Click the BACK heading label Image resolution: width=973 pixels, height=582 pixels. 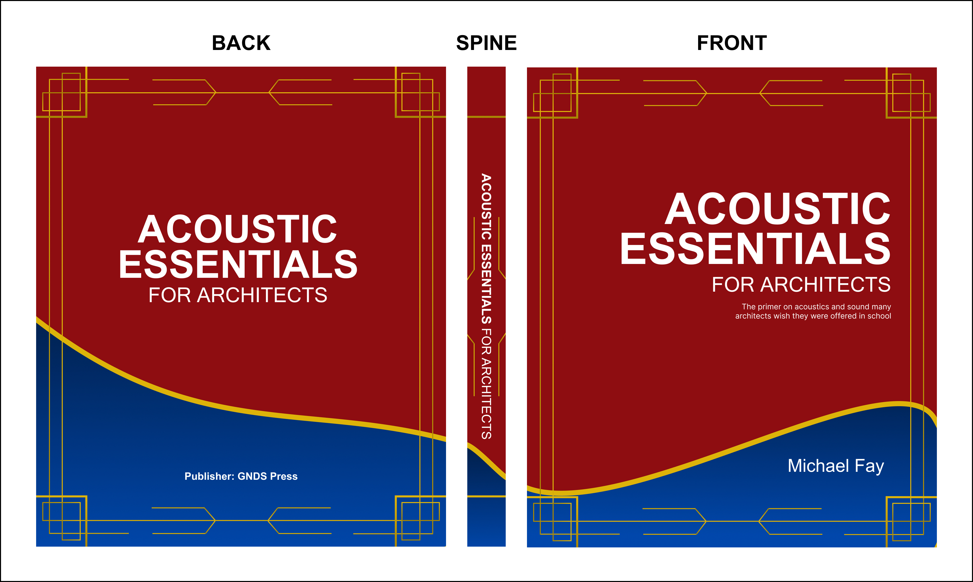(x=241, y=43)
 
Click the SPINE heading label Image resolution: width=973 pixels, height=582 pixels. (x=487, y=43)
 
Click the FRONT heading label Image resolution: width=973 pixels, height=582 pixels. (x=731, y=43)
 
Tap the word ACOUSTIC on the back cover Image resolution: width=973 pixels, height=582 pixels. (x=237, y=229)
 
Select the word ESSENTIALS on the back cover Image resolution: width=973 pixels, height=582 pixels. (x=238, y=265)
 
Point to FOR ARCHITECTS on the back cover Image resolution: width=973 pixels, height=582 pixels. (x=237, y=295)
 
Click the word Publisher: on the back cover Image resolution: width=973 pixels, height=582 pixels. (x=209, y=476)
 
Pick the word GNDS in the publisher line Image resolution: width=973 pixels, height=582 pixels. (x=252, y=476)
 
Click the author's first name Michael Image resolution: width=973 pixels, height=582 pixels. (x=819, y=466)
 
